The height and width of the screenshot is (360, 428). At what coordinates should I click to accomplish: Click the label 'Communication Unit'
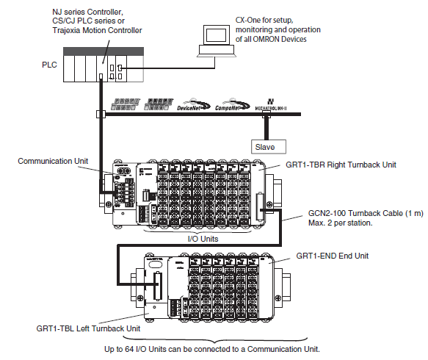click(x=51, y=160)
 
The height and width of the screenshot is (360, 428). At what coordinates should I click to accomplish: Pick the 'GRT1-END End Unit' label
click(x=333, y=256)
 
